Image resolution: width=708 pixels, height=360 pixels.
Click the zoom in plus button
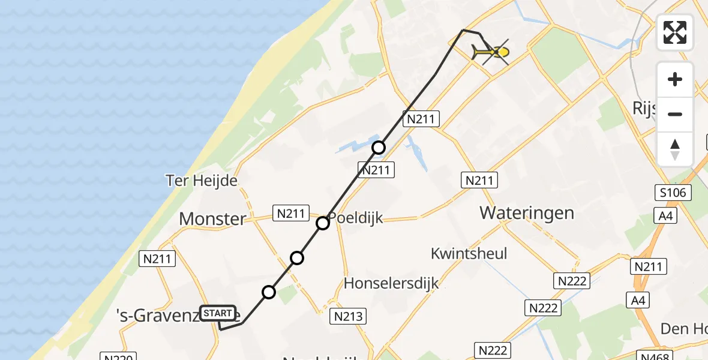[675, 79]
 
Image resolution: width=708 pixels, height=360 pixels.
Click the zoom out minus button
[675, 114]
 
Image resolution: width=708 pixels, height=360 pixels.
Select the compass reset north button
[675, 149]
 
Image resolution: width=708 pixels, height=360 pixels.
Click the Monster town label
[212, 219]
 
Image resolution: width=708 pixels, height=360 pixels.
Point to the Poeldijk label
[355, 218]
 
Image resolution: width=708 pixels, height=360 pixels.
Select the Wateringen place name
[527, 212]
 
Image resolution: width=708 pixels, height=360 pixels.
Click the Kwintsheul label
[469, 253]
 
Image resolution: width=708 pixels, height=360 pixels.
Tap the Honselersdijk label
[391, 283]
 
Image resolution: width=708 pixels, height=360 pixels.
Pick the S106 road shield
[673, 193]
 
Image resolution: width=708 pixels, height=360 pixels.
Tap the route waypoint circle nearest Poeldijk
[323, 223]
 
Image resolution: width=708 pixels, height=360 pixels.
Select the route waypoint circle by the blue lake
[378, 148]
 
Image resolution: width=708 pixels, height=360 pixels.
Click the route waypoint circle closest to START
[269, 292]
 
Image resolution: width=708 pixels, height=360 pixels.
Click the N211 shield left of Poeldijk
[290, 212]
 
